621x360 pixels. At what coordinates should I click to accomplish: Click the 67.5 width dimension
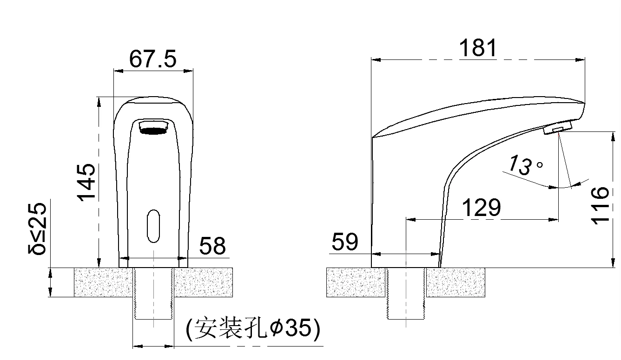(153, 59)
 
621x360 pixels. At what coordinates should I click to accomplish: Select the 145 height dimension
(86, 182)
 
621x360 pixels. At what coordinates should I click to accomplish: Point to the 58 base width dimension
(212, 246)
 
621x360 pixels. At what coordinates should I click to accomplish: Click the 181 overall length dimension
(478, 48)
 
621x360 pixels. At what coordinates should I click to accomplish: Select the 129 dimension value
(482, 208)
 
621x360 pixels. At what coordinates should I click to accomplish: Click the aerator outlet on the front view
(153, 126)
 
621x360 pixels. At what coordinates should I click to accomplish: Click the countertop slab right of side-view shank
(456, 282)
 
